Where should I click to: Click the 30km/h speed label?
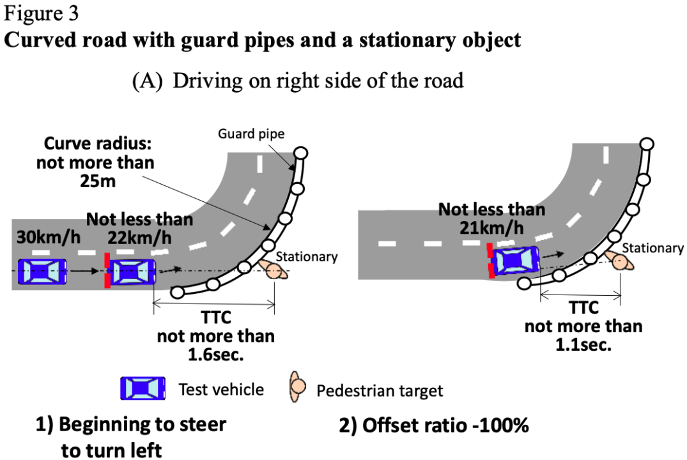[x=49, y=237]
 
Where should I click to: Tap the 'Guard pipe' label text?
[x=251, y=133]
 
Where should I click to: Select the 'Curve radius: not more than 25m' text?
[x=95, y=162]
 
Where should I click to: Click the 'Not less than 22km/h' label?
[x=140, y=228]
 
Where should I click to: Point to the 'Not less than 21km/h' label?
[x=491, y=218]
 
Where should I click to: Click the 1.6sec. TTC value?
[x=215, y=355]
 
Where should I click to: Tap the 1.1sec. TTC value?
[x=583, y=345]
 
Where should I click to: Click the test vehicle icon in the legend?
[x=143, y=388]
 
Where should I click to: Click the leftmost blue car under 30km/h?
[x=42, y=272]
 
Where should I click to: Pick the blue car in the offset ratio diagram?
[x=515, y=260]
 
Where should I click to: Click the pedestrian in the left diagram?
[x=274, y=270]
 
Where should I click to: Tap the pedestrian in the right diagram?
[x=619, y=261]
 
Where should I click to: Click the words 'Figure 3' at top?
[x=41, y=13]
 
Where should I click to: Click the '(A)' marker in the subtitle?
[x=147, y=81]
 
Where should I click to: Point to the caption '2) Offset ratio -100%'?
[x=434, y=425]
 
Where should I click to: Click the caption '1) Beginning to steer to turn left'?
[x=130, y=437]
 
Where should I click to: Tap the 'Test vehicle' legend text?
[x=221, y=390]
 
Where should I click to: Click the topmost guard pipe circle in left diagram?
[x=300, y=153]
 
